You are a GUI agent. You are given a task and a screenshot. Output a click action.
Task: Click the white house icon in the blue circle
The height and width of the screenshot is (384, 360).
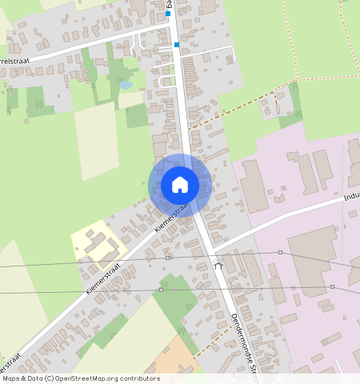(x=180, y=185)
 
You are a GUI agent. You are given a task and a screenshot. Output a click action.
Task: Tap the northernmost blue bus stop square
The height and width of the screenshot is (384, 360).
(x=168, y=14)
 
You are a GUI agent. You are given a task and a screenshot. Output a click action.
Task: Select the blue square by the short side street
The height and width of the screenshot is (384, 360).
(x=176, y=46)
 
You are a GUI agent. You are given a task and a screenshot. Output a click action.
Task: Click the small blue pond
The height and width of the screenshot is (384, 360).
(x=126, y=84)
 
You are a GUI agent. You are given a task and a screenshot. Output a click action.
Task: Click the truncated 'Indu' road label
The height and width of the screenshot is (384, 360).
(x=351, y=195)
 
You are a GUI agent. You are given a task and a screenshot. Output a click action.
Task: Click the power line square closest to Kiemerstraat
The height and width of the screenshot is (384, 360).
(x=167, y=258)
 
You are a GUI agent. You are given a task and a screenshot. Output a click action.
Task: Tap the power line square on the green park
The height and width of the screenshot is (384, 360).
(x=161, y=290)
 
